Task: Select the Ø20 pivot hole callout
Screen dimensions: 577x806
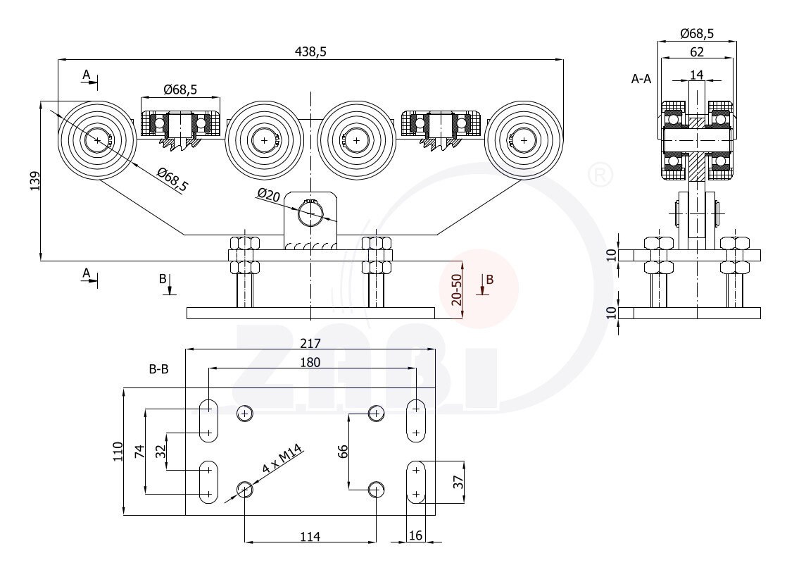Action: coord(269,194)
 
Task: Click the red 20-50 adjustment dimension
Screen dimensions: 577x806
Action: coord(457,289)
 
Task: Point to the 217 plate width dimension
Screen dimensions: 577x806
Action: coord(310,344)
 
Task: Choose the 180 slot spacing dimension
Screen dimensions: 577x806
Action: coord(310,363)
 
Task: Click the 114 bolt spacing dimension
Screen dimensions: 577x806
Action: coord(310,537)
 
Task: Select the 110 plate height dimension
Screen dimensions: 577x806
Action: coord(118,452)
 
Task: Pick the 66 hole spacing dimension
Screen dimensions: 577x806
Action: coord(343,451)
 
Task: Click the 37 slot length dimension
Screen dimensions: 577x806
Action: coord(458,483)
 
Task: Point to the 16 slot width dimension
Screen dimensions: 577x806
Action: coord(415,536)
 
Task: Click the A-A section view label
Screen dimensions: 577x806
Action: coord(641,80)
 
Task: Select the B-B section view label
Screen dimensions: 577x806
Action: coord(158,368)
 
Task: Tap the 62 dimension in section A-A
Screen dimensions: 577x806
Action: coord(696,51)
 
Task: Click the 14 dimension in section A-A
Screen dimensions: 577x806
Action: coord(696,74)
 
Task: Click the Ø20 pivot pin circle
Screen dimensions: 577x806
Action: coord(310,213)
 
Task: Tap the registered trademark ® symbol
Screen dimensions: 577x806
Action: coord(599,175)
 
